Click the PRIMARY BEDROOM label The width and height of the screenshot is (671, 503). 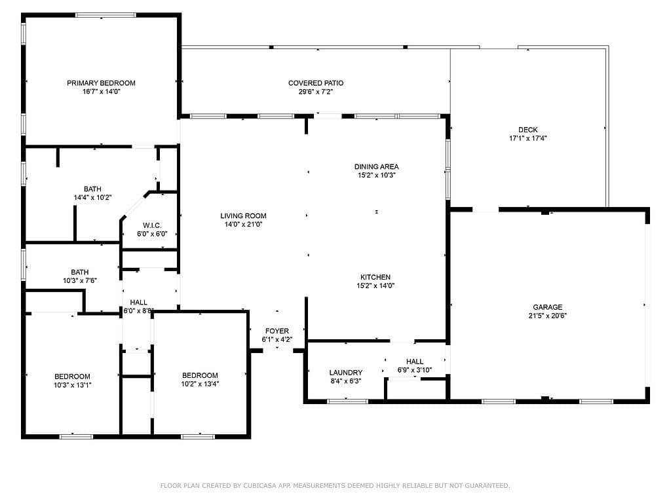tap(101, 83)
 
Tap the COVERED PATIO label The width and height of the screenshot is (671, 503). tap(316, 83)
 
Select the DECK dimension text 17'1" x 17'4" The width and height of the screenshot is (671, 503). tap(528, 138)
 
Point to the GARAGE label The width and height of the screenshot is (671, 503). tap(548, 307)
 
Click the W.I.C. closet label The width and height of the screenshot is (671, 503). tap(152, 225)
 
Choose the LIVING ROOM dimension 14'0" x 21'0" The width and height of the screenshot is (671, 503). tap(244, 224)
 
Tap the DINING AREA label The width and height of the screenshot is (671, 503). tap(377, 166)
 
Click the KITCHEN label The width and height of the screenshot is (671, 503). tap(375, 277)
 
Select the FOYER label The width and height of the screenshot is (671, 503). tap(277, 331)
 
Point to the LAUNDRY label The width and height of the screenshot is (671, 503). tap(346, 373)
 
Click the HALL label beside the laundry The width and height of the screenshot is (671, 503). tap(415, 362)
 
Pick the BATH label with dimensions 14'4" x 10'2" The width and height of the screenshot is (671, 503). tap(92, 189)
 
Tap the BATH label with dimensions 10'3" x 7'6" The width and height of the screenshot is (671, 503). tap(79, 272)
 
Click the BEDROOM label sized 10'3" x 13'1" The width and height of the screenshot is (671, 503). tap(72, 377)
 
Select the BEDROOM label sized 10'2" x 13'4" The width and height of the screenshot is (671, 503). tap(200, 375)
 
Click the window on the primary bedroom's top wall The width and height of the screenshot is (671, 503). tap(105, 15)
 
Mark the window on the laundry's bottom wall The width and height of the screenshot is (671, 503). tap(347, 401)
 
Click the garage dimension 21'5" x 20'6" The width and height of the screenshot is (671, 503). tap(548, 316)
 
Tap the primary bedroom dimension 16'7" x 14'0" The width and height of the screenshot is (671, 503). tap(102, 92)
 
